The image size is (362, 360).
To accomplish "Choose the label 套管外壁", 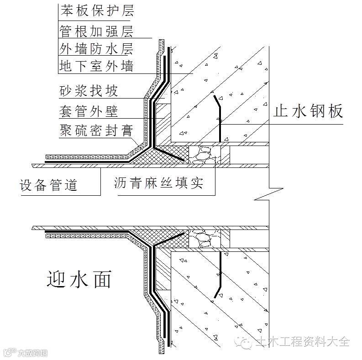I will pos(89,110).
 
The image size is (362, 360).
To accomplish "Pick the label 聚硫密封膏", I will pos(96,130).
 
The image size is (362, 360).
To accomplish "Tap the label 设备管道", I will pos(48,184).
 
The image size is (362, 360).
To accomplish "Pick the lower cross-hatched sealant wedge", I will pos(169,238).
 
